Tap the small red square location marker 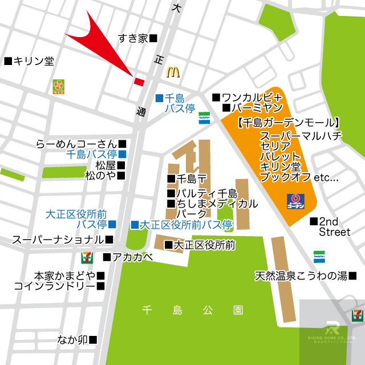pyautogui.click(x=139, y=81)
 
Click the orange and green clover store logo pyautogui.click(x=58, y=86)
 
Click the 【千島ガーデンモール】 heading pyautogui.click(x=289, y=122)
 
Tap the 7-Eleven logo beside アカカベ pyautogui.click(x=87, y=257)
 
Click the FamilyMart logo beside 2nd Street pyautogui.click(x=319, y=256)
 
